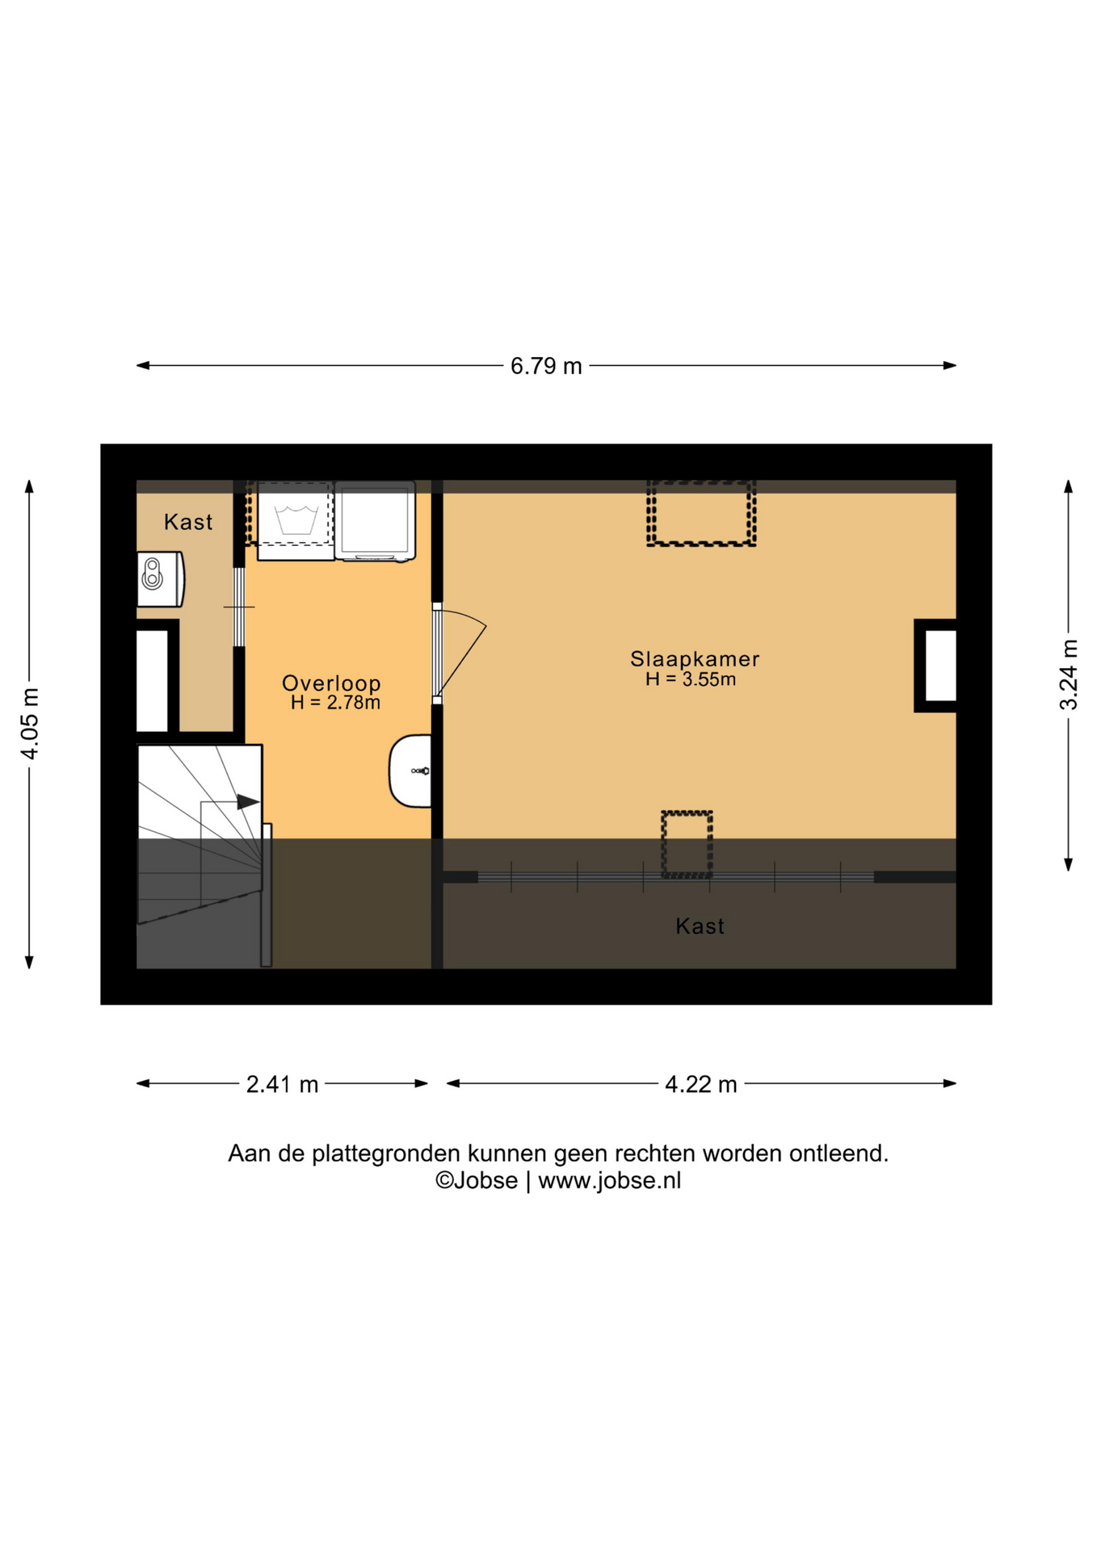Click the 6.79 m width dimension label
coord(546,366)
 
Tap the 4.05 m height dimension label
coord(30,724)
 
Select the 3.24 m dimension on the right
coord(1068,675)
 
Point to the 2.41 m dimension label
coord(282,1084)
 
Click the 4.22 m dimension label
coord(701,1084)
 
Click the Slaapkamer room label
coord(695,659)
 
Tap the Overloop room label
coord(331,683)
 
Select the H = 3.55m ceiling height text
coord(691,679)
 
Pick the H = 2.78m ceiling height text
coord(335,703)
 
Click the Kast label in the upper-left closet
coord(188,522)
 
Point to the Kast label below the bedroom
coord(700,926)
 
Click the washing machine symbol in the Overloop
coord(295,520)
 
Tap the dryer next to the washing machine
coord(376,520)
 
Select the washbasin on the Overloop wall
coord(410,771)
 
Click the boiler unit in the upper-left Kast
coord(160,578)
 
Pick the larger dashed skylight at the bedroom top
coord(701,514)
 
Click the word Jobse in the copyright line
coord(485,1180)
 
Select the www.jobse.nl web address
coord(610,1181)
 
